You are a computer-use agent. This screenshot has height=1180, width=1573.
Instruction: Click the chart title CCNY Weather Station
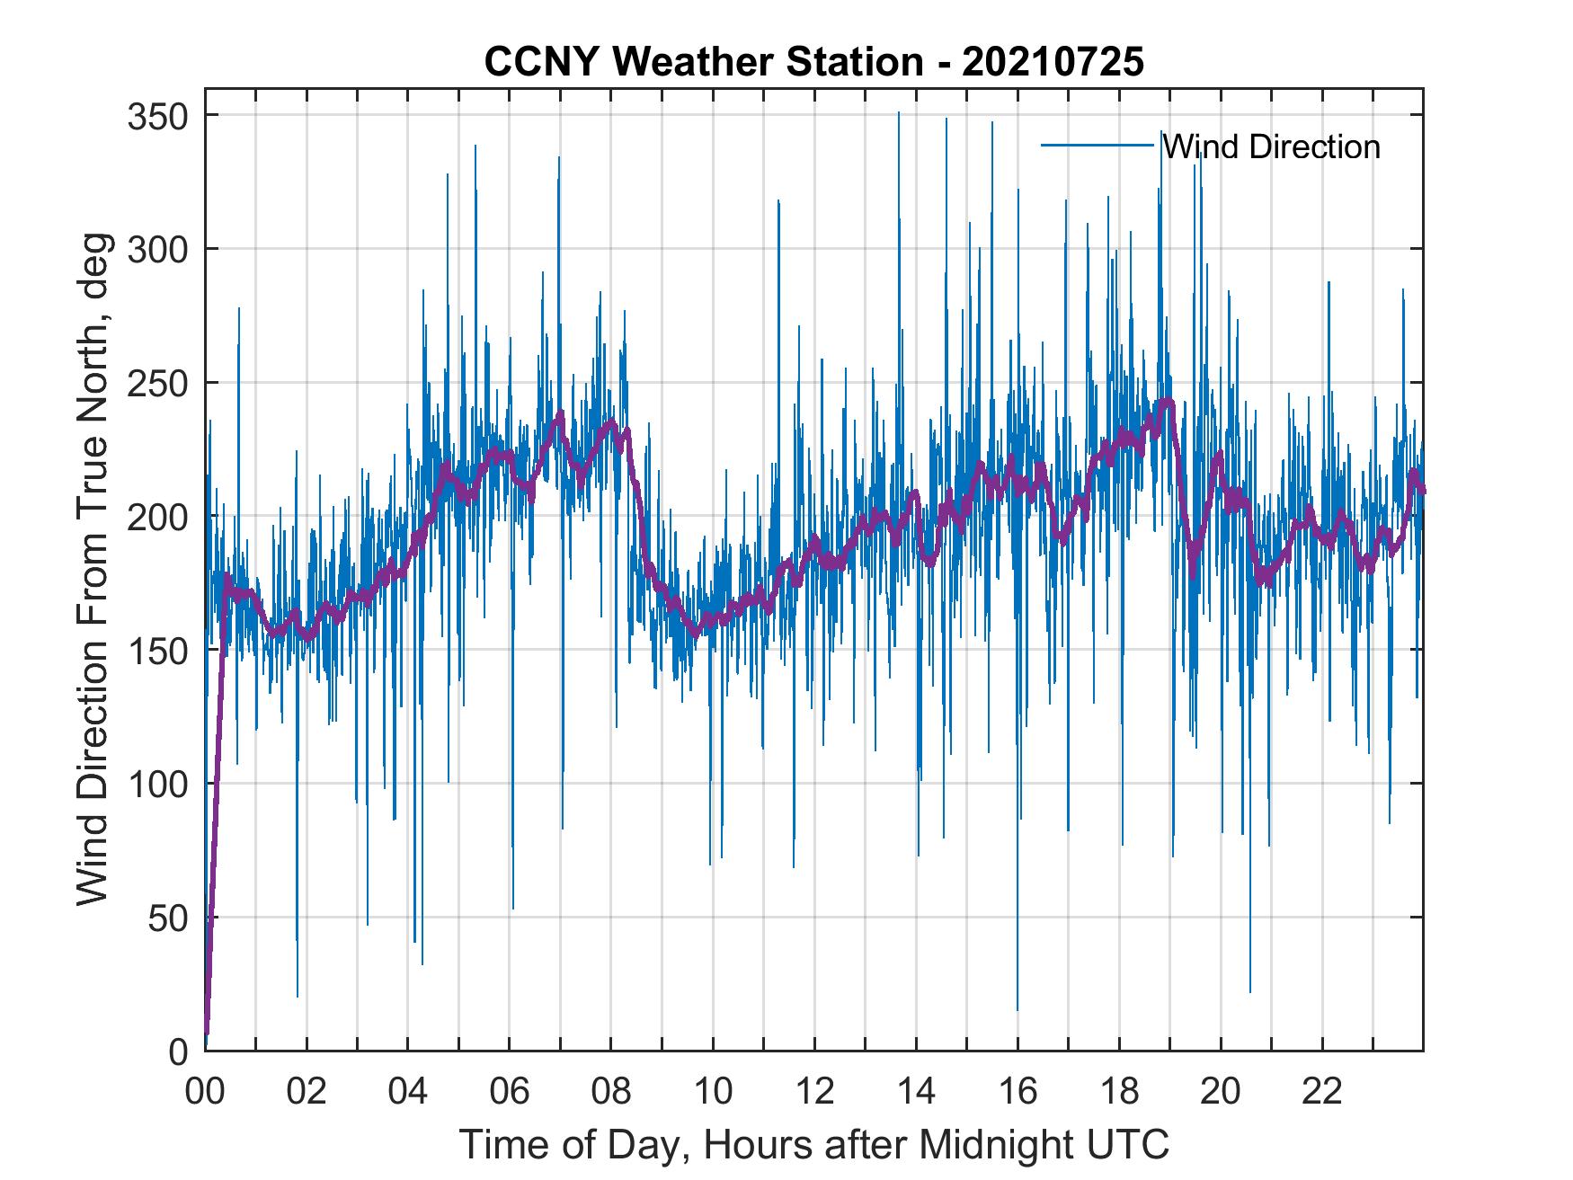coord(813,62)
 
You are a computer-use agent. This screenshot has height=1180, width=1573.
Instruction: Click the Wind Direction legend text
coord(1271,146)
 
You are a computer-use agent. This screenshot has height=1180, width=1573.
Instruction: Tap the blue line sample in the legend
coord(1098,146)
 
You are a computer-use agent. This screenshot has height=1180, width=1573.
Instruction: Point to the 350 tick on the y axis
coord(159,116)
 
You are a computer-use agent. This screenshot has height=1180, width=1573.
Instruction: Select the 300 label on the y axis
coord(159,249)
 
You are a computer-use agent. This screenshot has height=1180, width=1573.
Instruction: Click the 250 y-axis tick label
coord(159,383)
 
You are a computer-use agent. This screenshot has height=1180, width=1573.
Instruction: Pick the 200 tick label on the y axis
coord(159,517)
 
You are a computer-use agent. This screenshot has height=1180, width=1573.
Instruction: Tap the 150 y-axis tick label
coord(159,650)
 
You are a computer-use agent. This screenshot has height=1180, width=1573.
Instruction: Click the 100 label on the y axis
coord(159,784)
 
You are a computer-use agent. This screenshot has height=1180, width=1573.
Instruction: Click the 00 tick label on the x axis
coord(205,1092)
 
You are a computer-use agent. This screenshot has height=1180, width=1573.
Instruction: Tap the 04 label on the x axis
coord(408,1092)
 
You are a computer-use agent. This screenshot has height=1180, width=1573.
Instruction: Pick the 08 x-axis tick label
coord(611,1092)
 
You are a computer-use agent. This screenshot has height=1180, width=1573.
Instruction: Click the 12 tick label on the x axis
coord(814,1092)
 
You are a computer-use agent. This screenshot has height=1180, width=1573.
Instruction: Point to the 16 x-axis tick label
coord(1018,1092)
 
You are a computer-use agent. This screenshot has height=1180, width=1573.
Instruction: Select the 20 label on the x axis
coord(1221,1092)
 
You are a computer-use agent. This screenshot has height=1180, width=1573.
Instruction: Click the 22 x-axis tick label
coord(1322,1092)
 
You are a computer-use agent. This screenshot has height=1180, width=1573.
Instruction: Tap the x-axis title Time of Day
coord(814,1145)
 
